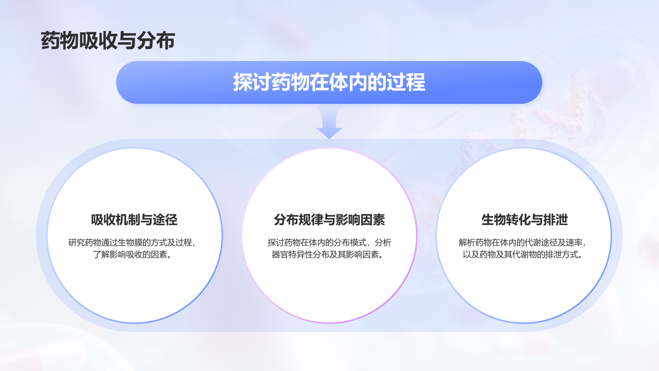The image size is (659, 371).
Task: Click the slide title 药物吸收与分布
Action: [108, 41]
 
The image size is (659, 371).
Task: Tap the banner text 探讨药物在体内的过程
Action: [329, 82]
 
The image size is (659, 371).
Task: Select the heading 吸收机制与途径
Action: [134, 220]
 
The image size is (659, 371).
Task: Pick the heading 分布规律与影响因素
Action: [329, 220]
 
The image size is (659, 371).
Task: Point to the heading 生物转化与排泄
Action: [524, 220]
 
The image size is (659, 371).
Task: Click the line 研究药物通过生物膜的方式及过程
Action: [132, 242]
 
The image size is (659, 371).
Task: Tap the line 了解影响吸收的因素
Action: [132, 254]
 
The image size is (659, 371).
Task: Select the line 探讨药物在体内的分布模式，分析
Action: [329, 242]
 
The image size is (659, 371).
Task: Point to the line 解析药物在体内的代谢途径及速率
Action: [522, 242]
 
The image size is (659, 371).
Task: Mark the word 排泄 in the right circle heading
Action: [555, 220]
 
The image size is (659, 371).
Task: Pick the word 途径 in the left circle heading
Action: [165, 220]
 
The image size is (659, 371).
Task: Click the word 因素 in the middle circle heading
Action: [372, 220]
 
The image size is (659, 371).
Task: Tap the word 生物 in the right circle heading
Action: [493, 220]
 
